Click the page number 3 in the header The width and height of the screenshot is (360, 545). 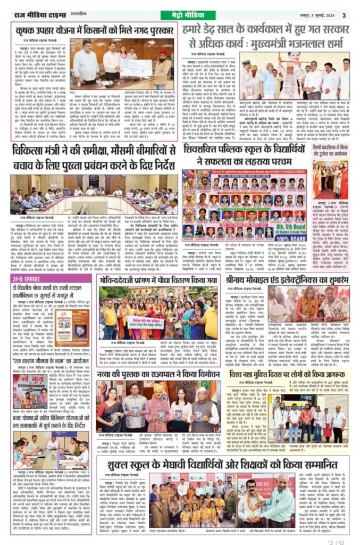tap(344, 15)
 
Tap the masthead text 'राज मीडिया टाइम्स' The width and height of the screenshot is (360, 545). tap(35, 15)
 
